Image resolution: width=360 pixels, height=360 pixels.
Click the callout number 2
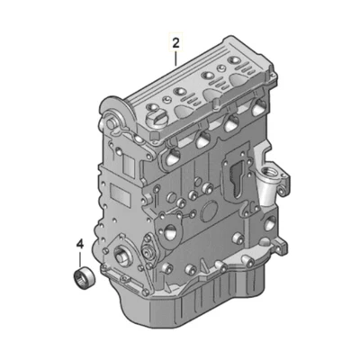pyautogui.click(x=175, y=41)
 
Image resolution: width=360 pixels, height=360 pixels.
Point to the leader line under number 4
pyautogui.click(x=79, y=257)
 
